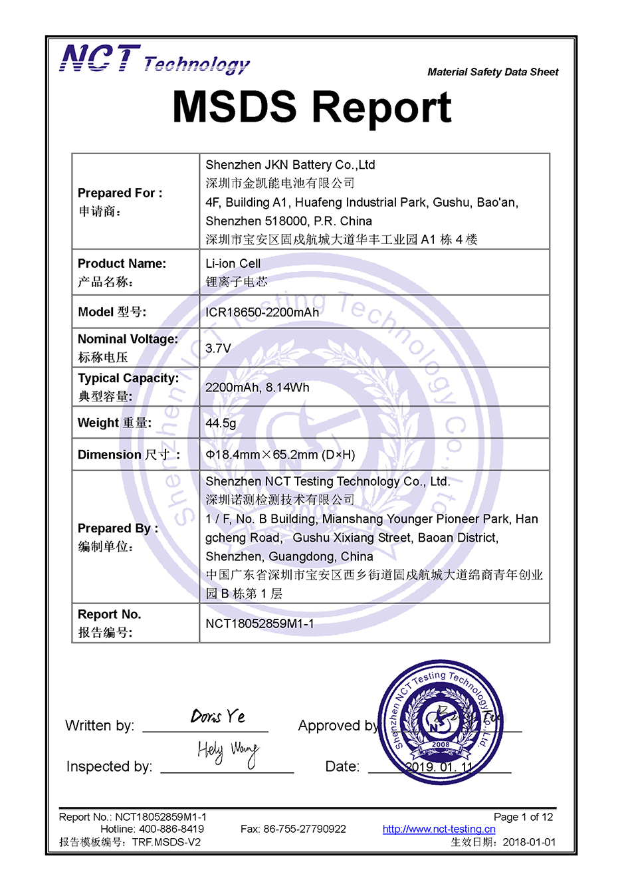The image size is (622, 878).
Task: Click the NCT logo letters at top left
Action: [x=100, y=58]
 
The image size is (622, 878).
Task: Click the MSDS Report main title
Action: [x=312, y=107]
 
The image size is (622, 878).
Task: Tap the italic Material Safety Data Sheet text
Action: [x=492, y=72]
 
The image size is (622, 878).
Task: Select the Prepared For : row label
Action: [x=120, y=193]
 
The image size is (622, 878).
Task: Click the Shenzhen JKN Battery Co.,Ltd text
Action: [x=290, y=165]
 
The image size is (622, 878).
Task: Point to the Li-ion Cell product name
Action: [x=233, y=264]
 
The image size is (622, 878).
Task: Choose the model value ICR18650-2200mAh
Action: [x=262, y=312]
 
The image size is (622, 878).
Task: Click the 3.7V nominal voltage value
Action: [x=218, y=348]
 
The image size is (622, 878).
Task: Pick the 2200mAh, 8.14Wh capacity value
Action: [x=257, y=387]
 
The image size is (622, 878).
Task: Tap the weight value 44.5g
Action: [x=221, y=423]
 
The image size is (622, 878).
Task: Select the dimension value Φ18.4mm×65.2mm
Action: [x=280, y=455]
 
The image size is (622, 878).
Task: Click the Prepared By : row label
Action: [x=118, y=528]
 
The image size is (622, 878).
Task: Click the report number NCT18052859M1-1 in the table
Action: [x=260, y=623]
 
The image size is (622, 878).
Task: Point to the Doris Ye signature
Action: [x=217, y=716]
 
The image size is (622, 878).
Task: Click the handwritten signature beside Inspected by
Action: [x=227, y=752]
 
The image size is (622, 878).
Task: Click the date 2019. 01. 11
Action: [x=439, y=767]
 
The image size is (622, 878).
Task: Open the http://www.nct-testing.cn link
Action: [x=439, y=829]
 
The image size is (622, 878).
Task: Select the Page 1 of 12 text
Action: [x=523, y=817]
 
